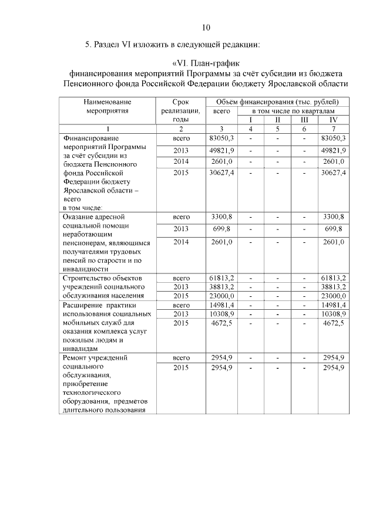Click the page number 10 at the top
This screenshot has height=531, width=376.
tap(206, 27)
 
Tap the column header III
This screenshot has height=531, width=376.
tap(304, 120)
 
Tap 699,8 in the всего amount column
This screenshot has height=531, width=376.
tap(221, 229)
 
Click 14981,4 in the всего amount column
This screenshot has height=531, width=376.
tap(221, 305)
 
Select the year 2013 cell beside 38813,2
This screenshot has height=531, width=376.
tap(180, 287)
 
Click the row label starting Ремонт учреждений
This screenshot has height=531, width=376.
tap(95, 357)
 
